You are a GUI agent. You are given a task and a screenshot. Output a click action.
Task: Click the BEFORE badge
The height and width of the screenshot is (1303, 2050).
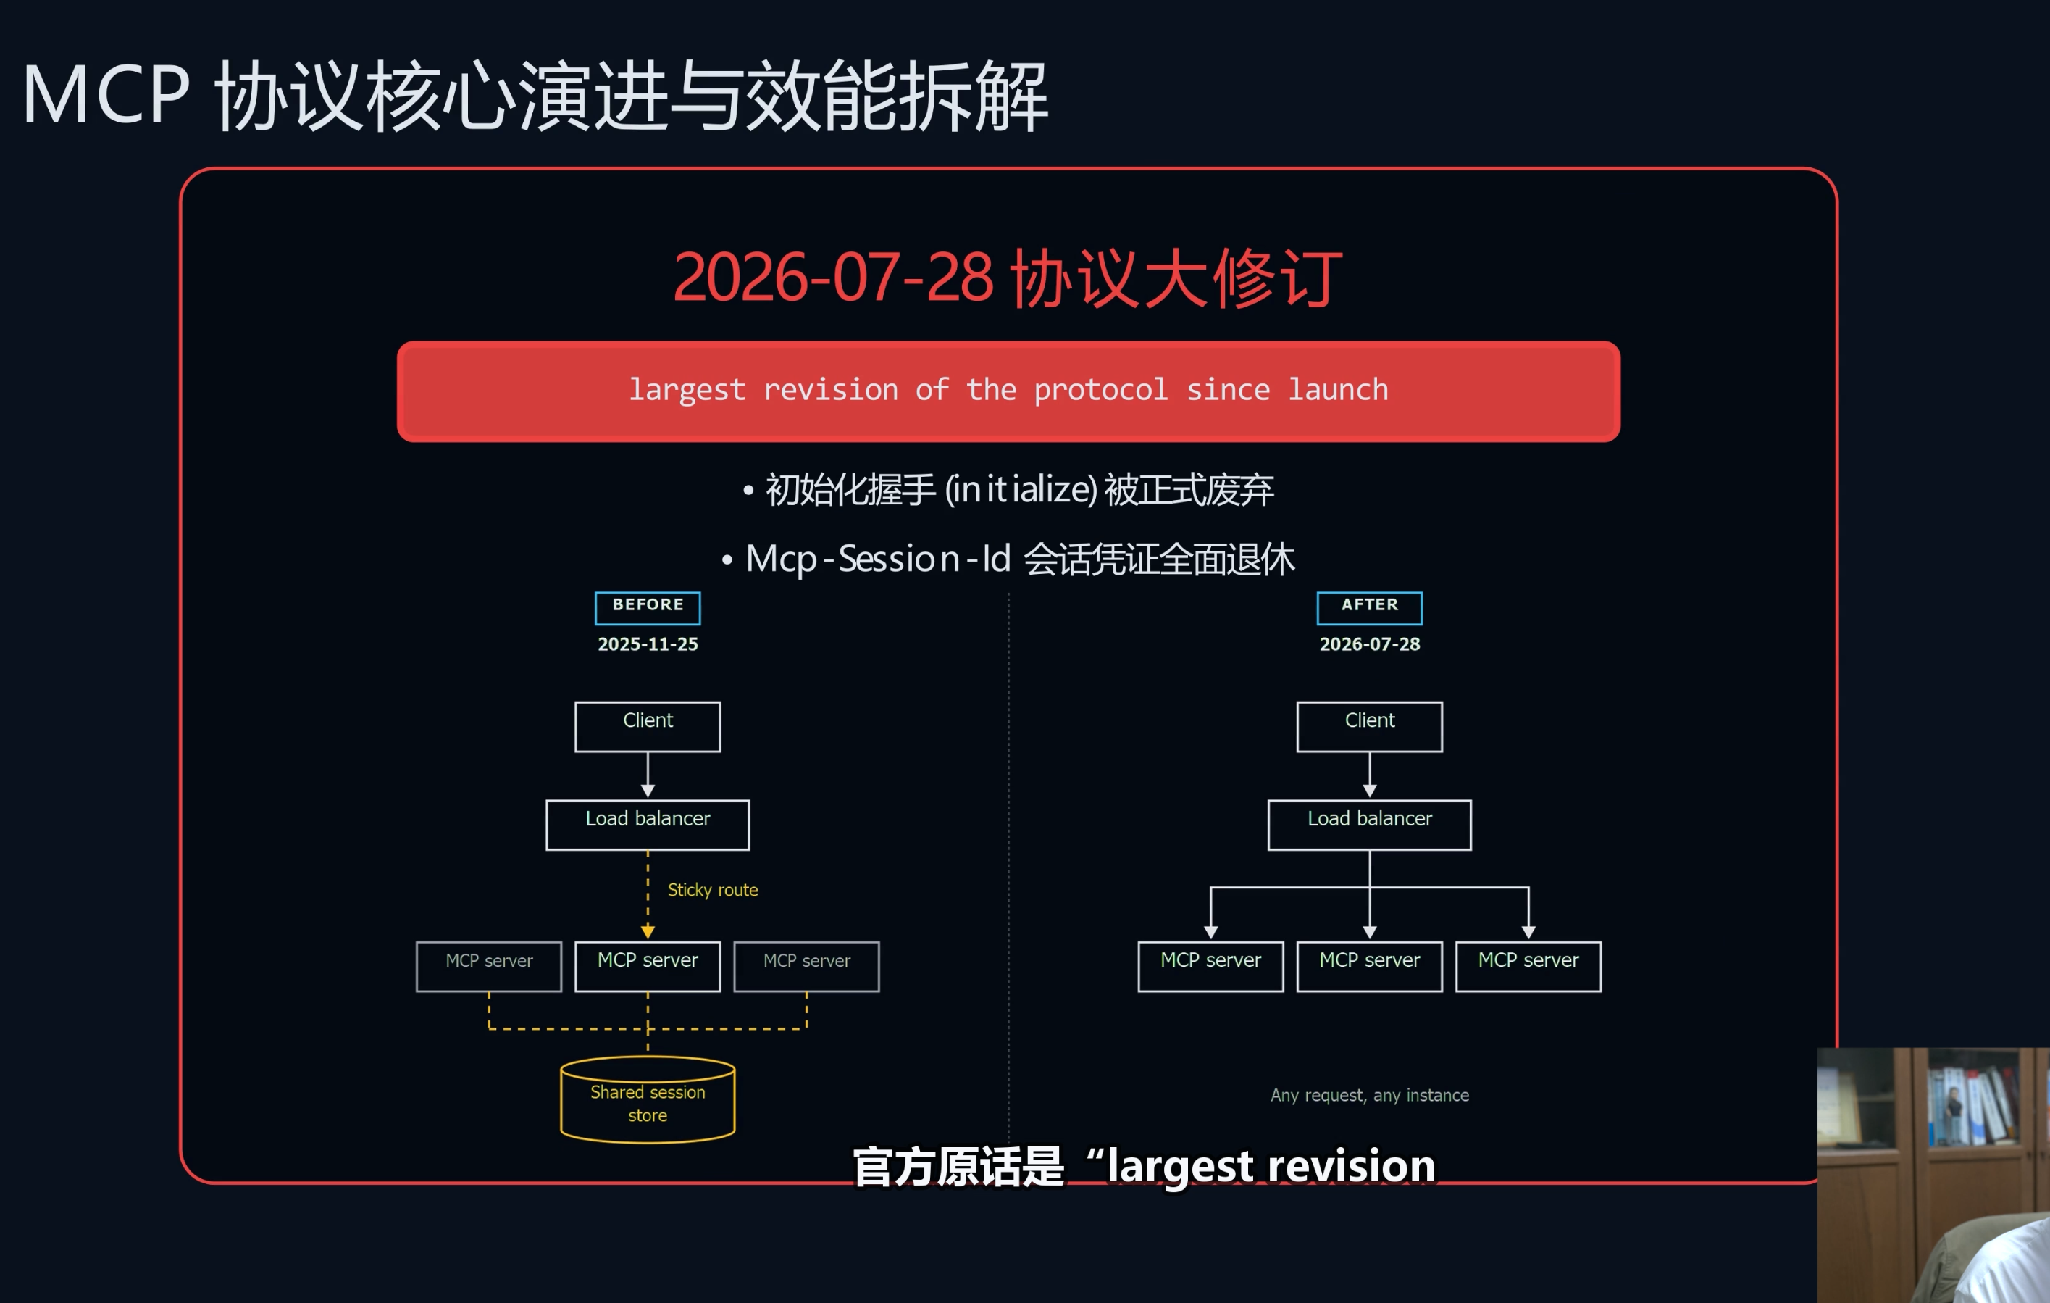(x=648, y=607)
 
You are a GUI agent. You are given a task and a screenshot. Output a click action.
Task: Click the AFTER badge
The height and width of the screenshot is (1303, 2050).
(x=1370, y=607)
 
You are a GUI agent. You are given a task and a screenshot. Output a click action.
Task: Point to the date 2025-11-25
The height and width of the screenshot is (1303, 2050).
(x=648, y=644)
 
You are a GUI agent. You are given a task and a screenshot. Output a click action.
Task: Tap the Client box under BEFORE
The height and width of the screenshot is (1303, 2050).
(x=648, y=726)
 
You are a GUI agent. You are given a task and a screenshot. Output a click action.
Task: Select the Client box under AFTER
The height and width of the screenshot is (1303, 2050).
(x=1370, y=726)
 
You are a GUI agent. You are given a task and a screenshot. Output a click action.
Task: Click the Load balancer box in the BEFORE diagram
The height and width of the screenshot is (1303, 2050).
(x=648, y=825)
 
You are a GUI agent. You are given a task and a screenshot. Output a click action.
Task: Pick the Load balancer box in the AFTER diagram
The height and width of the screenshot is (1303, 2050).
(x=1370, y=825)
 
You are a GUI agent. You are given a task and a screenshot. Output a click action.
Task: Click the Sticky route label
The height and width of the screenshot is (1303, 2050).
(x=713, y=890)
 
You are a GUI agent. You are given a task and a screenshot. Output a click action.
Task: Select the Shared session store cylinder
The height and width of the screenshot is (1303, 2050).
(x=648, y=1099)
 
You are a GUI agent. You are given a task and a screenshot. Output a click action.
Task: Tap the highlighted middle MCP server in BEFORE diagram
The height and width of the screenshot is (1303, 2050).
(x=648, y=966)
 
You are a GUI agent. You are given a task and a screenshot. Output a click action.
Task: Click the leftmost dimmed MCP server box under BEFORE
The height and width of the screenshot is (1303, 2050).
(x=489, y=966)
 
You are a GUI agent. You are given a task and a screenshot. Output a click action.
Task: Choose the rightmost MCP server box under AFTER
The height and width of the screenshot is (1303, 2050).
(x=1528, y=966)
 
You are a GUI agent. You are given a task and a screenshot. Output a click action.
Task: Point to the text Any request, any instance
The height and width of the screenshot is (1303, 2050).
(x=1370, y=1095)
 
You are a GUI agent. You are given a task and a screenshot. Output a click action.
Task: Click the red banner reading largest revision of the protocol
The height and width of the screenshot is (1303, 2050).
(x=1009, y=391)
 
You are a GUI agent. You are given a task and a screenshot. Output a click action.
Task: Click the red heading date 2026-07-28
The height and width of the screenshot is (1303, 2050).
(x=834, y=278)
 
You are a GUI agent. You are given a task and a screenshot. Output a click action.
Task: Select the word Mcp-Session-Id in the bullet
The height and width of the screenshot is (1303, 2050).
(x=878, y=559)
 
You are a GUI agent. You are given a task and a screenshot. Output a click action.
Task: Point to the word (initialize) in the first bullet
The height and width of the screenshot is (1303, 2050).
(x=1021, y=490)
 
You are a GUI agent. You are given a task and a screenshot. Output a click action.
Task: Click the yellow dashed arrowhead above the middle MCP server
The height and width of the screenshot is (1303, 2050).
(x=648, y=932)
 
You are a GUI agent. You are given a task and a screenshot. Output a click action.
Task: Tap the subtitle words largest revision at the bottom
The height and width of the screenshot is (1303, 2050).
(x=1271, y=1166)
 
